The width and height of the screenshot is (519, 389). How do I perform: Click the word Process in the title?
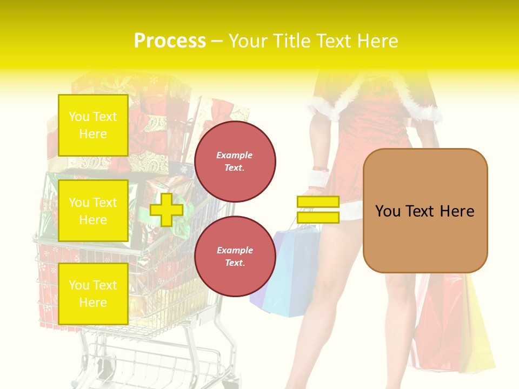tap(170, 41)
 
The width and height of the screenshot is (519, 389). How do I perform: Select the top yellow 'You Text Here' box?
tap(93, 125)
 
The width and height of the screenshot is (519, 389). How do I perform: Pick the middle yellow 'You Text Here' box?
tap(93, 211)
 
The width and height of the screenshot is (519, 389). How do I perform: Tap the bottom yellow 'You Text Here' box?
tap(93, 294)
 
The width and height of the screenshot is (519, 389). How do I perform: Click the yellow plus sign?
tap(167, 209)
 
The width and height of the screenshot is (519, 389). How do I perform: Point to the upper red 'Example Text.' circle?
tap(235, 162)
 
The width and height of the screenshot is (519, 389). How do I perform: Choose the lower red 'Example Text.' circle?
tap(235, 257)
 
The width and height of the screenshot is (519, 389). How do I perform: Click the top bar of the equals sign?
tap(318, 202)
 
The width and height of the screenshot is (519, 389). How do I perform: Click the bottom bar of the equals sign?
tap(318, 218)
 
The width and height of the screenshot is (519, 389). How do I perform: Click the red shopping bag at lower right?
tap(438, 324)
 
